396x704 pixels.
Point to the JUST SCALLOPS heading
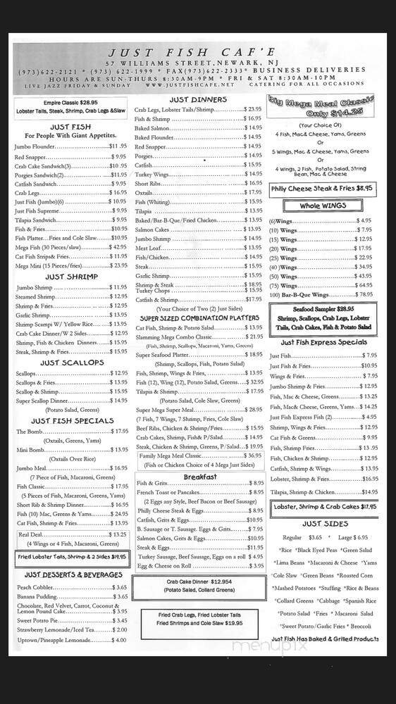point(70,363)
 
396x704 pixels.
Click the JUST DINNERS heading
point(198,99)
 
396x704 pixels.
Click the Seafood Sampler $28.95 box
point(325,318)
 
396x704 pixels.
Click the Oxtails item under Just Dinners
point(144,192)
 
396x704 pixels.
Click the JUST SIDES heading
point(325,524)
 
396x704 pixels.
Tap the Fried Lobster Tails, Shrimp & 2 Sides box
point(70,556)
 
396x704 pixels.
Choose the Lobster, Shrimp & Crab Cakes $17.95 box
point(323,506)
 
